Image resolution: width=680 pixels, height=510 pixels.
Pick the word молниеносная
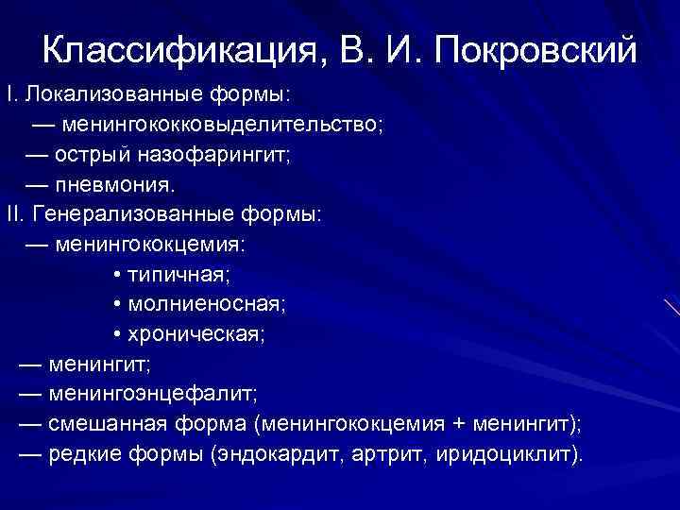[204, 305]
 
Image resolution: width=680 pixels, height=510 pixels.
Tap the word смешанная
[110, 425]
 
